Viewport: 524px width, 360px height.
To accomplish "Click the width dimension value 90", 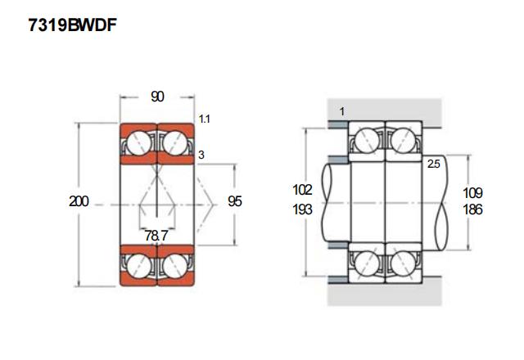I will click(x=157, y=97).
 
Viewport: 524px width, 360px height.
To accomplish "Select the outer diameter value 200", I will click(x=79, y=201).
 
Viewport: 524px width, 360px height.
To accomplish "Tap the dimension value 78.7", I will click(x=156, y=236).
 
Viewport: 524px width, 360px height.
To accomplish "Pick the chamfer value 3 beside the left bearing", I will click(x=201, y=155).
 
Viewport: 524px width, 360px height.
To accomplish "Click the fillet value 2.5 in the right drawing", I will click(x=434, y=164).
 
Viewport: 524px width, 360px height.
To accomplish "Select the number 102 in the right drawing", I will click(x=303, y=190).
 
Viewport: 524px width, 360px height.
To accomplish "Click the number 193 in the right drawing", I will click(x=303, y=209).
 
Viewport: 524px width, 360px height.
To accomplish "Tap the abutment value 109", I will click(x=472, y=193).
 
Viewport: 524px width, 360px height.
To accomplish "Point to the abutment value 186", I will click(x=472, y=209).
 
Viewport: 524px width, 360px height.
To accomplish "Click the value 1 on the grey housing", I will click(x=341, y=110).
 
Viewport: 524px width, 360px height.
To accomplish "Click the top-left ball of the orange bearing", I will click(x=138, y=143).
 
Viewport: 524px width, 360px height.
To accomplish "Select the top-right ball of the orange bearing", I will click(x=175, y=143).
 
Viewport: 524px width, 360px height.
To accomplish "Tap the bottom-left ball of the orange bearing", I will click(x=138, y=265).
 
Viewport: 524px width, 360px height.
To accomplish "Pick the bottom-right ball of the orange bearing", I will click(x=175, y=265).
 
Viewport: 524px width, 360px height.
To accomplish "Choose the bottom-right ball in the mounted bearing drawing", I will click(x=403, y=263).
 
